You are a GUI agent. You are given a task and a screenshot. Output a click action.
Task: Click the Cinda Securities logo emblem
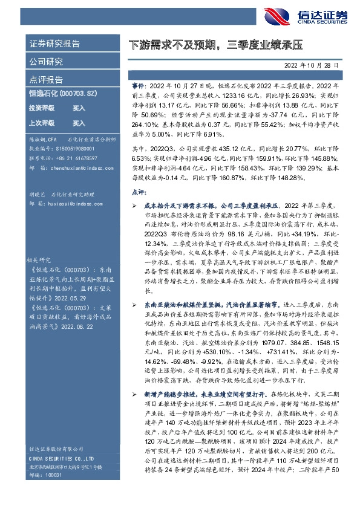tap(279, 16)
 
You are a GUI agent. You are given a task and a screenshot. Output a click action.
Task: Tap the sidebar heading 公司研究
tap(46, 62)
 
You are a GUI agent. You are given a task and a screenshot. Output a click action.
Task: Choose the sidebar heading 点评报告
tap(46, 80)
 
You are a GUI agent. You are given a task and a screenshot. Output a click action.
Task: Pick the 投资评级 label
tap(42, 108)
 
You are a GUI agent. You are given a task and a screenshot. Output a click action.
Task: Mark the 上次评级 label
tap(42, 123)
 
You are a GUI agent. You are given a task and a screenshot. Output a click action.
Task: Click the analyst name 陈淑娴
tap(38, 139)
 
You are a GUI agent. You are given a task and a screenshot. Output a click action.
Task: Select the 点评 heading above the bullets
tap(137, 192)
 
